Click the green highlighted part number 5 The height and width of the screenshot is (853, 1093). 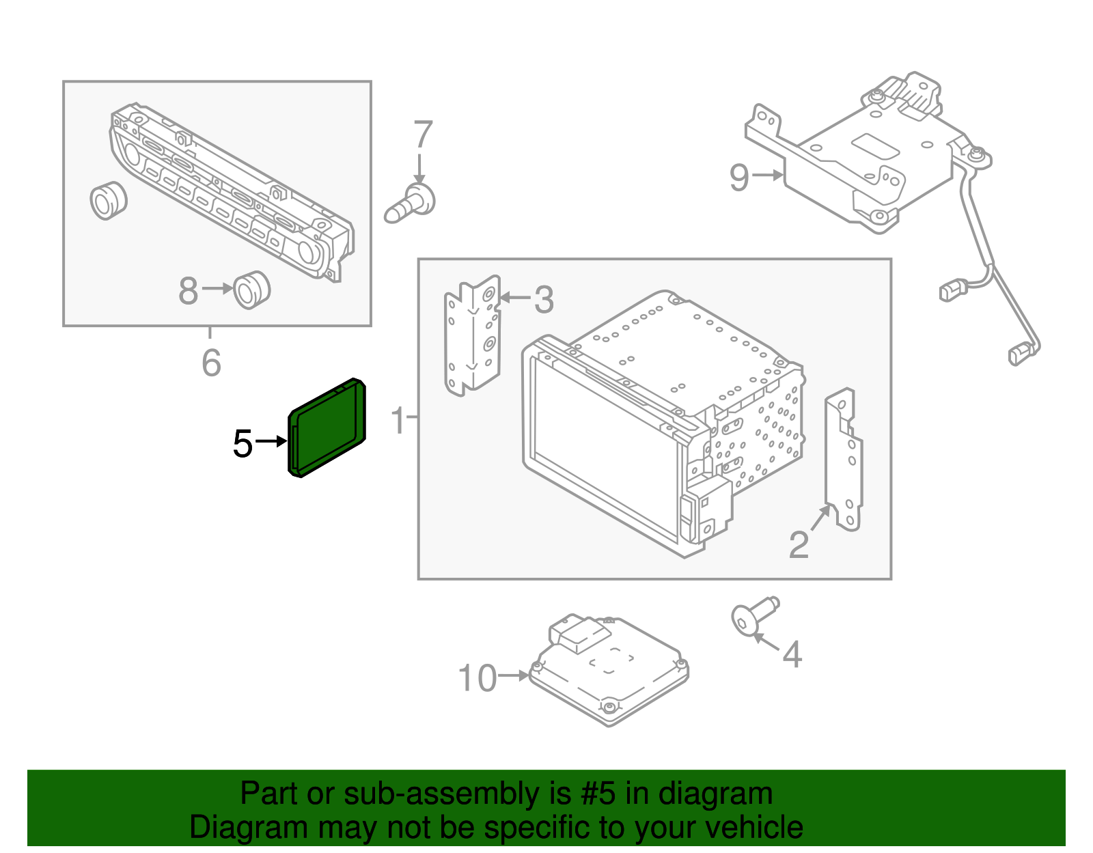click(x=327, y=428)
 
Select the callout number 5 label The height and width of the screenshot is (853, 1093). click(x=243, y=444)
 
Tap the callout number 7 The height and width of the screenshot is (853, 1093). click(x=423, y=135)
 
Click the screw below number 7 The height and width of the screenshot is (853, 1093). click(x=411, y=203)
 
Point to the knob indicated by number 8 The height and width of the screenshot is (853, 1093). click(x=251, y=290)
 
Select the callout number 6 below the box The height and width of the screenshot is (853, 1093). click(x=211, y=363)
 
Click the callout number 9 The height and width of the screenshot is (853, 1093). click(x=739, y=178)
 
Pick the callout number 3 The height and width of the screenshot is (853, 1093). click(x=544, y=300)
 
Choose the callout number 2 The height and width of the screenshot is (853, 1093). click(x=798, y=544)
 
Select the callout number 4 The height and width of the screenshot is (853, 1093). click(x=791, y=654)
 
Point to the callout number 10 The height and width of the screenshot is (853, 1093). click(x=477, y=678)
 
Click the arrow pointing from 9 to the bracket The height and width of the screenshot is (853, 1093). click(x=768, y=176)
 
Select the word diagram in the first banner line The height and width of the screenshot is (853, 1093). click(x=715, y=794)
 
